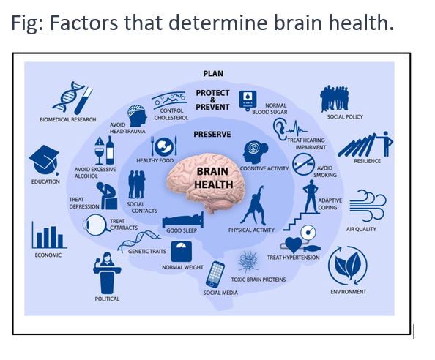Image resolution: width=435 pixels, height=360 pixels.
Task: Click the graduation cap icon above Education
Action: pyautogui.click(x=44, y=160)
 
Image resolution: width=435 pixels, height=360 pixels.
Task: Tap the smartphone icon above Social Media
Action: pyautogui.click(x=215, y=274)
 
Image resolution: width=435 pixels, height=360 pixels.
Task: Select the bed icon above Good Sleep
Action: pyautogui.click(x=183, y=220)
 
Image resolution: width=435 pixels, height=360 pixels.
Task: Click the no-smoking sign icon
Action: pyautogui.click(x=303, y=165)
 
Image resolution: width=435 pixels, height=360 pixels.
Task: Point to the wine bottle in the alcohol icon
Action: pyautogui.click(x=110, y=150)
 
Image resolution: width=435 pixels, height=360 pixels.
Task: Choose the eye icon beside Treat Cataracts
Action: pyautogui.click(x=96, y=225)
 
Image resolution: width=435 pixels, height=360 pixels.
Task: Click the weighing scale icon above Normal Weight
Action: pyautogui.click(x=181, y=252)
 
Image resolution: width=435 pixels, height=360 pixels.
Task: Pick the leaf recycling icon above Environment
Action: pyautogui.click(x=348, y=266)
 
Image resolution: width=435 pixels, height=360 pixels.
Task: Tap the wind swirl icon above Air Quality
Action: pyautogui.click(x=368, y=206)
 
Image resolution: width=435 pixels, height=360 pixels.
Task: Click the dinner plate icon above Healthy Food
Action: pyautogui.click(x=164, y=146)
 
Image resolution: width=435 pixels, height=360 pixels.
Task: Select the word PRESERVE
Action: pyautogui.click(x=212, y=135)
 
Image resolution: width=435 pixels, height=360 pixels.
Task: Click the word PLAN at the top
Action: pyautogui.click(x=213, y=74)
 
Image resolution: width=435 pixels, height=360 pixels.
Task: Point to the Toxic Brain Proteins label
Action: pyautogui.click(x=259, y=280)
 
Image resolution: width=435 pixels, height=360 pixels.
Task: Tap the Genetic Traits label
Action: pyautogui.click(x=146, y=252)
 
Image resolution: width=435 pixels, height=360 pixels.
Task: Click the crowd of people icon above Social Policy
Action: pyautogui.click(x=334, y=99)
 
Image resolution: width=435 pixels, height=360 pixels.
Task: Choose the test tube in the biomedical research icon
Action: pyautogui.click(x=83, y=100)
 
